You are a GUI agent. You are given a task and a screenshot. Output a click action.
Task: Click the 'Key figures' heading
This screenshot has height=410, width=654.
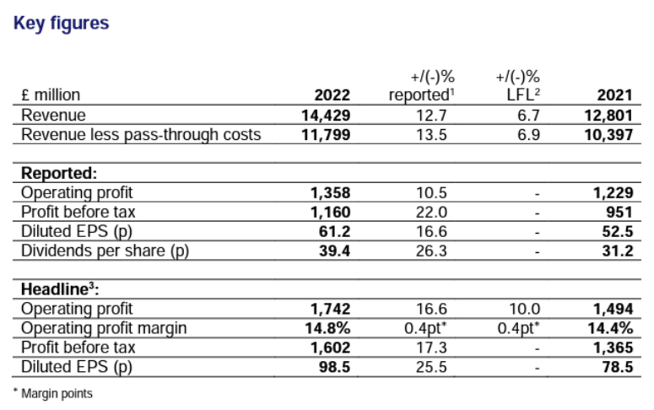pyautogui.click(x=62, y=23)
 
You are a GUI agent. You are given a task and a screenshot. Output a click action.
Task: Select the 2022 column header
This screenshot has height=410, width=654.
pyautogui.click(x=331, y=94)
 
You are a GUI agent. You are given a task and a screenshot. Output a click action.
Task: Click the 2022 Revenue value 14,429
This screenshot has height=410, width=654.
pyautogui.click(x=326, y=115)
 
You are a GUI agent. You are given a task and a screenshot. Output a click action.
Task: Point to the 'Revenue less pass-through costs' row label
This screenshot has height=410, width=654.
pyautogui.click(x=141, y=134)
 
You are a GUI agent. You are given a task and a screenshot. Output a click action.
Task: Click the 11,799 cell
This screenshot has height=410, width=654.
pyautogui.click(x=326, y=134)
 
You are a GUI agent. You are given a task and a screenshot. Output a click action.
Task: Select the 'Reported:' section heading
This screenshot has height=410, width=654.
pyautogui.click(x=59, y=172)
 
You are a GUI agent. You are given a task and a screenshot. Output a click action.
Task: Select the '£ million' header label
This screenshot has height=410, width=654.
pyautogui.click(x=51, y=94)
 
